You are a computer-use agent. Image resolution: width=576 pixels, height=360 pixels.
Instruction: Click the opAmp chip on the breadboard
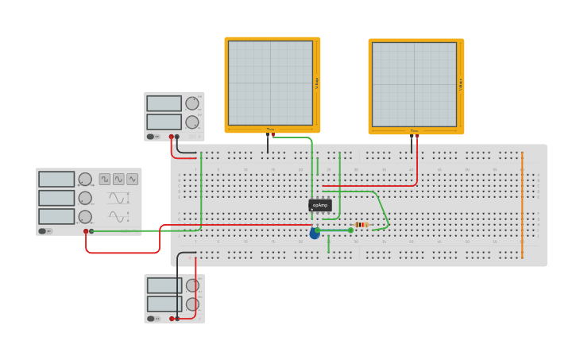pyautogui.click(x=319, y=205)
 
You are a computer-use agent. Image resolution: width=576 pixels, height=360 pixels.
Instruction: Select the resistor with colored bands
pyautogui.click(x=361, y=225)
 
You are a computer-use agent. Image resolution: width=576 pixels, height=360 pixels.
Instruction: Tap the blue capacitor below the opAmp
pyautogui.click(x=315, y=234)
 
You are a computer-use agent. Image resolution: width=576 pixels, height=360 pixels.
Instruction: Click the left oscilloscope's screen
pyautogui.click(x=270, y=83)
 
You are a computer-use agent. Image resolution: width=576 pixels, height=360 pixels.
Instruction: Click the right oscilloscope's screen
pyautogui.click(x=414, y=83)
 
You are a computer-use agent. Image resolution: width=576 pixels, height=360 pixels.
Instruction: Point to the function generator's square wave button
pyautogui.click(x=105, y=180)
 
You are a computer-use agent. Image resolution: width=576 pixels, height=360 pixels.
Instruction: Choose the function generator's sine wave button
pyautogui.click(x=118, y=180)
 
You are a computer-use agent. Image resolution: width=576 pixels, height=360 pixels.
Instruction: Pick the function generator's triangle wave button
pyautogui.click(x=132, y=180)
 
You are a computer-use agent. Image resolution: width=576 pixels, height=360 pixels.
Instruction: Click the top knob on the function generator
pyautogui.click(x=85, y=180)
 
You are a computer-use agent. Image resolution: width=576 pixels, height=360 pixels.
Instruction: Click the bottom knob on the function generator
pyautogui.click(x=85, y=217)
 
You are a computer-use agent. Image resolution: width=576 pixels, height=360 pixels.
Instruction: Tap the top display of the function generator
pyautogui.click(x=56, y=180)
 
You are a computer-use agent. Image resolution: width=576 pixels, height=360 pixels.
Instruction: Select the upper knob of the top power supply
pyautogui.click(x=192, y=103)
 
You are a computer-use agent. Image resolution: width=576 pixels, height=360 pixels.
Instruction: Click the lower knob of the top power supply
pyautogui.click(x=192, y=122)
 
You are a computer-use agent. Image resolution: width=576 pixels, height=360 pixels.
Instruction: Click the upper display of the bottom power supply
pyautogui.click(x=164, y=285)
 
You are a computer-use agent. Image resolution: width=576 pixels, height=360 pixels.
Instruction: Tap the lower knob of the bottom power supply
pyautogui.click(x=192, y=304)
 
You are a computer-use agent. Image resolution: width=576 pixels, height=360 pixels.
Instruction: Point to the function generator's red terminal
pyautogui.click(x=86, y=231)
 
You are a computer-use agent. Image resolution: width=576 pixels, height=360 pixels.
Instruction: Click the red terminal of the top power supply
pyautogui.click(x=171, y=137)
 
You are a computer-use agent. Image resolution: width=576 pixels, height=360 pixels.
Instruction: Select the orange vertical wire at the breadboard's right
pyautogui.click(x=522, y=204)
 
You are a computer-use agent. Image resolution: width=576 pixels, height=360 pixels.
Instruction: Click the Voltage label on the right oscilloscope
pyautogui.click(x=461, y=83)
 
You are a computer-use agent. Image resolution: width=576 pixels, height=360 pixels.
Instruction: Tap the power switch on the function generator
pyautogui.click(x=44, y=231)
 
